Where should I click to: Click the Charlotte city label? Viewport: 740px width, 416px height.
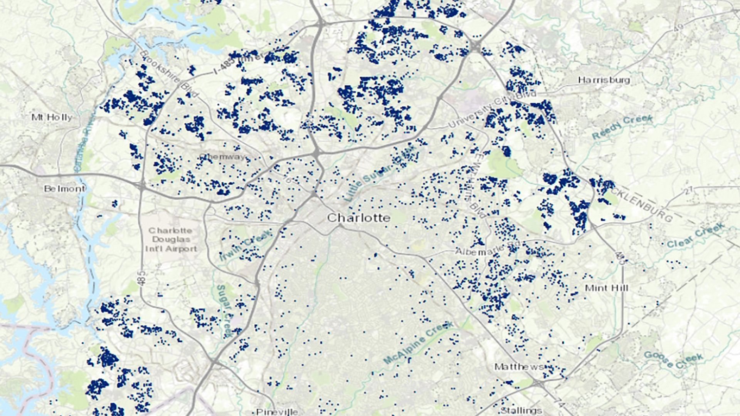coord(358,218)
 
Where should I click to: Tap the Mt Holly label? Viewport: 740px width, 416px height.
coord(52,117)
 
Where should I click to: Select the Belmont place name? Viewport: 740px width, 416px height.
coord(64,189)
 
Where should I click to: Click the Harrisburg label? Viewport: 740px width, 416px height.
coord(604,80)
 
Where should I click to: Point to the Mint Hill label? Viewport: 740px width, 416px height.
coord(606,288)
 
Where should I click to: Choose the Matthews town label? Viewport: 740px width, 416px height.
coord(519,367)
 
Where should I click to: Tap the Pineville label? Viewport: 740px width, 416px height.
coord(277,411)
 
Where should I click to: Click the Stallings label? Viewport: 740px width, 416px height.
coord(521,410)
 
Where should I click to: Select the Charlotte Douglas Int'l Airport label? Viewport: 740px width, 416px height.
coord(171,240)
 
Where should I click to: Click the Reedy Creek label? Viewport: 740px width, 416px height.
coord(622,127)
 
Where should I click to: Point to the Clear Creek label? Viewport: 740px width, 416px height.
coord(696,236)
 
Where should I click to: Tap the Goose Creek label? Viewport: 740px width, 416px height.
coord(673,360)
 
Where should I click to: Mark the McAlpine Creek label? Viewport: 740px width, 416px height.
coord(419,343)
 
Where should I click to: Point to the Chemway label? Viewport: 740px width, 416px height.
coord(222,157)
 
